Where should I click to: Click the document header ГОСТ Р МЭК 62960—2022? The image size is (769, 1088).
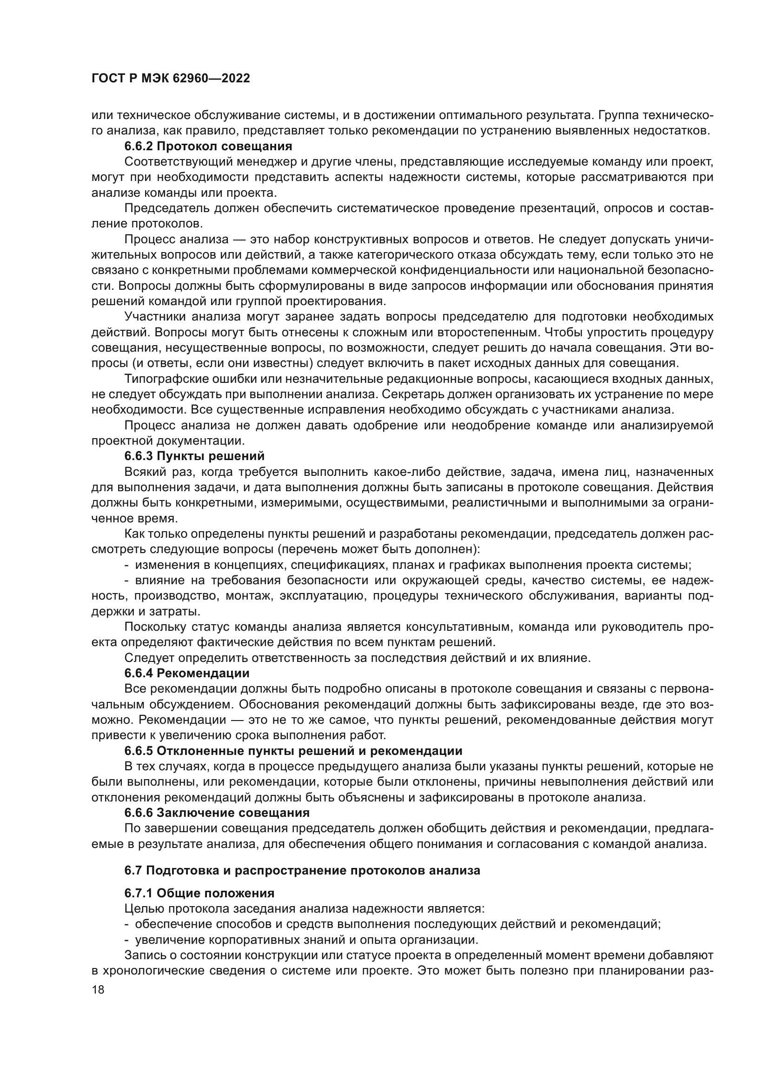171,79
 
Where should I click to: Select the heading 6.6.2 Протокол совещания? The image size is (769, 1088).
208,146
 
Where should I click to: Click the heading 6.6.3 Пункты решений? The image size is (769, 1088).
194,456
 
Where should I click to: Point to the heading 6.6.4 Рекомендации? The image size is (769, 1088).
186,673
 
